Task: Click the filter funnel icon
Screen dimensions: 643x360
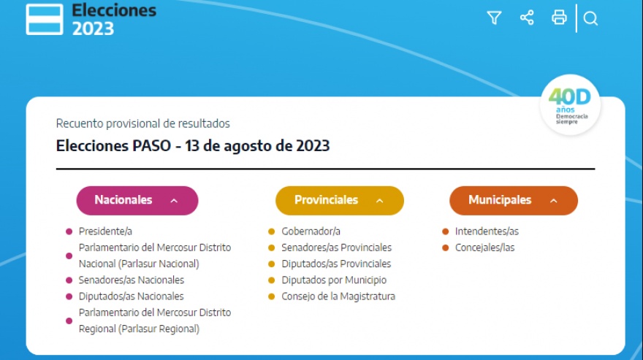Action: click(494, 18)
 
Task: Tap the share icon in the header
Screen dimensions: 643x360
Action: click(527, 18)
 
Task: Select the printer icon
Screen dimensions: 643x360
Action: click(559, 18)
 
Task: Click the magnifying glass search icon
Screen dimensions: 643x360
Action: click(590, 18)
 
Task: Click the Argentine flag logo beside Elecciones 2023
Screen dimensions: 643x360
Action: click(45, 19)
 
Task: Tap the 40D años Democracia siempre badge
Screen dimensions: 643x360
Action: click(570, 105)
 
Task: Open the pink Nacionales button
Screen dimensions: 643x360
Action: click(137, 201)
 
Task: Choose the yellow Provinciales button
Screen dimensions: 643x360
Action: click(340, 201)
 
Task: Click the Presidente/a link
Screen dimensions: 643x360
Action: click(105, 231)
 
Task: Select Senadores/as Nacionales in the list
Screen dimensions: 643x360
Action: click(132, 280)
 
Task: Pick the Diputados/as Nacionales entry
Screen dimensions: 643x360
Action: click(132, 296)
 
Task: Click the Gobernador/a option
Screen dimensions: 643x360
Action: click(311, 231)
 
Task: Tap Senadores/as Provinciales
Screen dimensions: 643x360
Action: click(336, 248)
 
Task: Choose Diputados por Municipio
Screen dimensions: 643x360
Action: click(334, 280)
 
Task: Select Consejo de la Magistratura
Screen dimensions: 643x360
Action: click(338, 296)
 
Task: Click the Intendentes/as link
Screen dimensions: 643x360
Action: click(487, 231)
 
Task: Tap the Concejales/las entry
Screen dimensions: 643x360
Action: click(484, 248)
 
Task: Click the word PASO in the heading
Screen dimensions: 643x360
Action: click(152, 145)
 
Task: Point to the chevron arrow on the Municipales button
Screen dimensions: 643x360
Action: click(554, 201)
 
